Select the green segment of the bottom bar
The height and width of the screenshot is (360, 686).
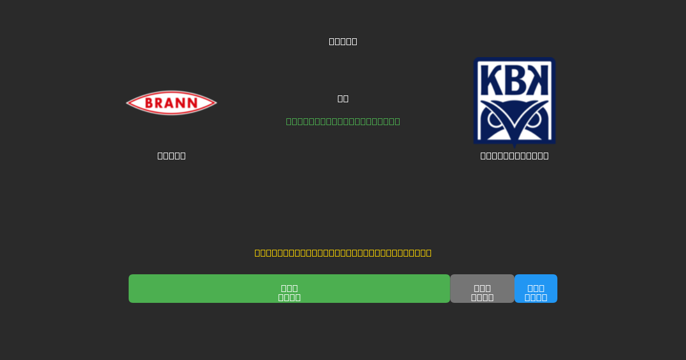(x=289, y=289)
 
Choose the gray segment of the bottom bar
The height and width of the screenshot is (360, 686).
(x=482, y=289)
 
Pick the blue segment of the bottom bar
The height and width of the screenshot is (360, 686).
(x=536, y=289)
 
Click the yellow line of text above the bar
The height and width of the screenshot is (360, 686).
(x=343, y=253)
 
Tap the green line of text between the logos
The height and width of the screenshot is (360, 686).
(x=343, y=121)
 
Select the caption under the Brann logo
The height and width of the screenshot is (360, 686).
(x=171, y=155)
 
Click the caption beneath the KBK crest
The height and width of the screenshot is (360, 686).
(x=514, y=155)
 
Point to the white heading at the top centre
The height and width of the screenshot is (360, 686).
(x=343, y=41)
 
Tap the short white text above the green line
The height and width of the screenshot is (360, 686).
(x=343, y=98)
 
